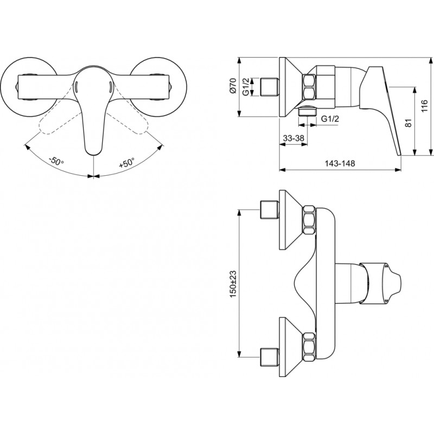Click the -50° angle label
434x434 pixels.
click(x=56, y=161)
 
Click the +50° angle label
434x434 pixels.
click(x=127, y=163)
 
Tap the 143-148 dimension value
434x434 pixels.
click(x=340, y=163)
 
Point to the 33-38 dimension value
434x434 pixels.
click(x=293, y=138)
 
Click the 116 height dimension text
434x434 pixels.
click(x=424, y=106)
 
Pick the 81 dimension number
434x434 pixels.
click(x=409, y=123)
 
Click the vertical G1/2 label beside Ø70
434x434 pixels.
click(x=246, y=87)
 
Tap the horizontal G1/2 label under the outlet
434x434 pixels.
click(x=330, y=119)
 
